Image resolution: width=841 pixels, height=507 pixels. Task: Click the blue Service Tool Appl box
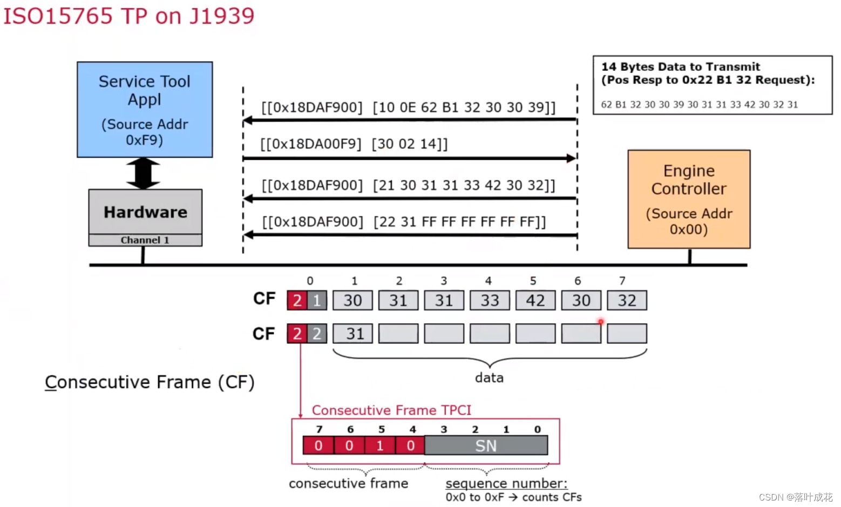pyautogui.click(x=145, y=110)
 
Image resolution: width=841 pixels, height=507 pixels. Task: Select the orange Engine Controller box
pyautogui.click(x=689, y=199)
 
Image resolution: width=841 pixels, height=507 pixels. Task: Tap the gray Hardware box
pyautogui.click(x=145, y=212)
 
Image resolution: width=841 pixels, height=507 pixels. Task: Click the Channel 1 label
pyautogui.click(x=145, y=240)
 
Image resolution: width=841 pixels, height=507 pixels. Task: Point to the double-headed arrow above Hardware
pyautogui.click(x=143, y=173)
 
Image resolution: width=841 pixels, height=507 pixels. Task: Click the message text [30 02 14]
pyautogui.click(x=409, y=144)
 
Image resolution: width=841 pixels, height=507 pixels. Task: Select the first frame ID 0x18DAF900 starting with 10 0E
pyautogui.click(x=312, y=107)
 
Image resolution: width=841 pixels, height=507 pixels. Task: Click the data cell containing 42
pyautogui.click(x=535, y=301)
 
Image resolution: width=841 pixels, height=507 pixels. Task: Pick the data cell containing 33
pyautogui.click(x=490, y=301)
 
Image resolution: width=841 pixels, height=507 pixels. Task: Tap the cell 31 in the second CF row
pyautogui.click(x=352, y=334)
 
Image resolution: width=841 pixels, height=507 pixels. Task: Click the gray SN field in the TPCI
pyautogui.click(x=486, y=446)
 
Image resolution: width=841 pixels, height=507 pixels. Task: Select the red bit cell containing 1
pyautogui.click(x=380, y=446)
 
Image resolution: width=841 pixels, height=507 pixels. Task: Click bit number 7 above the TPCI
pyautogui.click(x=319, y=430)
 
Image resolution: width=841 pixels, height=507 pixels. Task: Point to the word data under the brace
pyautogui.click(x=489, y=378)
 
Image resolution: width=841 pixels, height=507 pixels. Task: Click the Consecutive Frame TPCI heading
pyautogui.click(x=391, y=410)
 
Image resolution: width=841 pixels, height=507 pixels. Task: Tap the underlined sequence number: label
pyautogui.click(x=506, y=483)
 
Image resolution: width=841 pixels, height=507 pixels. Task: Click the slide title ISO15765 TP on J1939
pyautogui.click(x=128, y=16)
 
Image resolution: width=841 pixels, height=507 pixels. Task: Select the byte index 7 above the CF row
pyautogui.click(x=622, y=281)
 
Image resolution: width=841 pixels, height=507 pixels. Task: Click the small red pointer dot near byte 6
pyautogui.click(x=601, y=322)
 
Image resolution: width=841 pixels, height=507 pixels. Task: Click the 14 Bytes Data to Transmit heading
pyautogui.click(x=680, y=67)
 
